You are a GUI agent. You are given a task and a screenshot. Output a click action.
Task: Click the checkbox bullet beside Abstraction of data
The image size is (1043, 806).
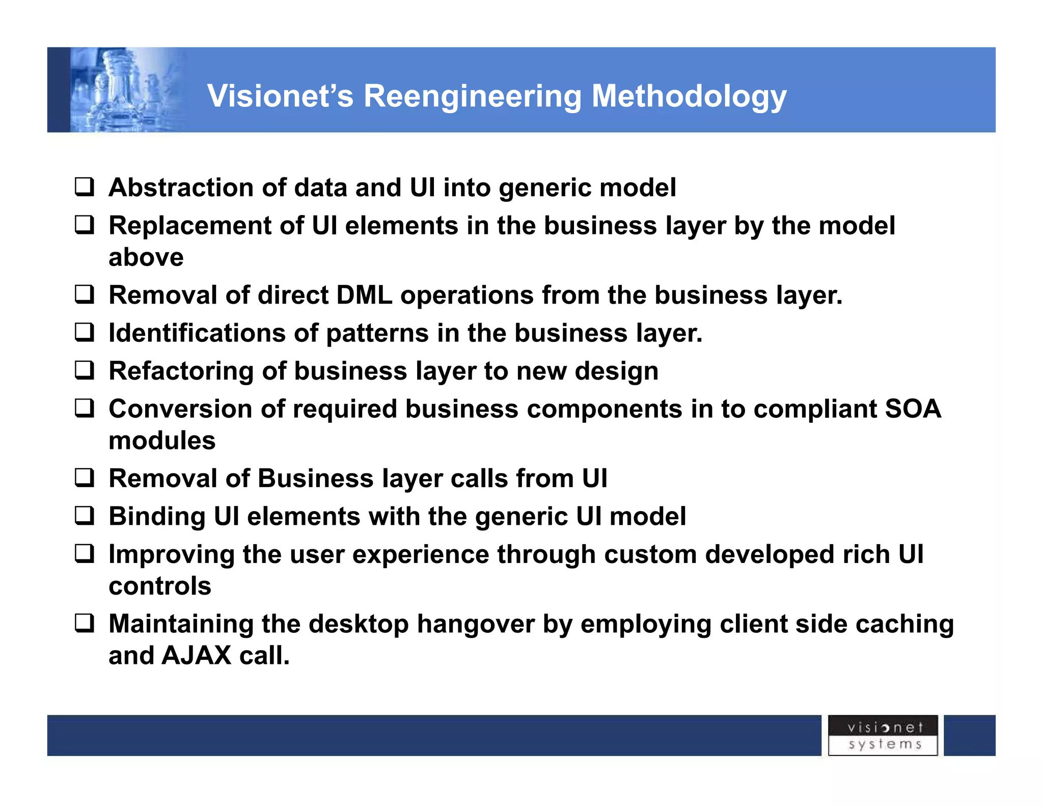(85, 187)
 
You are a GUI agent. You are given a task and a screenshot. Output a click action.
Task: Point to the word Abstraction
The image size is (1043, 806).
(181, 187)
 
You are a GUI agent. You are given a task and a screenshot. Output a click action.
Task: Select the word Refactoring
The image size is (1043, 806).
(181, 371)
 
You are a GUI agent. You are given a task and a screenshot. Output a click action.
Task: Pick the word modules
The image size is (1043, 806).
(162, 441)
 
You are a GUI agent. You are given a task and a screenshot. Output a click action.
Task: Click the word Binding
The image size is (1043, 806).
(157, 517)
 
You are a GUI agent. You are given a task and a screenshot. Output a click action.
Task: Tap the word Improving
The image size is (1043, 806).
(171, 555)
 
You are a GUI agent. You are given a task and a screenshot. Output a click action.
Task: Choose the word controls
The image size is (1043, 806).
(160, 586)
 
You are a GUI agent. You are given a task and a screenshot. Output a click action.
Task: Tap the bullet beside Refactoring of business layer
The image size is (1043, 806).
(85, 370)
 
